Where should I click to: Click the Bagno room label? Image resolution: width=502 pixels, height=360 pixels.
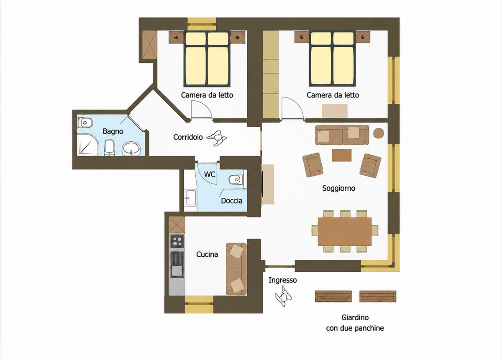pyautogui.click(x=113, y=131)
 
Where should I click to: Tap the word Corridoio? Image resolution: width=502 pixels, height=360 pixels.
pyautogui.click(x=188, y=137)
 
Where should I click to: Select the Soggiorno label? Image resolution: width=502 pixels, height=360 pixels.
pyautogui.click(x=338, y=189)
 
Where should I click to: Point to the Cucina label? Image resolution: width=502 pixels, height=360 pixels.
pyautogui.click(x=207, y=255)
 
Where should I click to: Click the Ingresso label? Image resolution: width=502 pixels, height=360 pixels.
pyautogui.click(x=283, y=280)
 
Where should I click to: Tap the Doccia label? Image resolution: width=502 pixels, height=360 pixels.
pyautogui.click(x=231, y=201)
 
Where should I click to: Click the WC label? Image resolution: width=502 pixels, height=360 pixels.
pyautogui.click(x=210, y=174)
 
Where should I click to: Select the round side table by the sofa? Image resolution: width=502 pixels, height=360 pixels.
pyautogui.click(x=379, y=133)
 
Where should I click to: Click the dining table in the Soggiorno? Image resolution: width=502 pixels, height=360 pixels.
pyautogui.click(x=345, y=231)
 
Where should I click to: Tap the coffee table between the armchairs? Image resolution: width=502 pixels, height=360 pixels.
pyautogui.click(x=341, y=155)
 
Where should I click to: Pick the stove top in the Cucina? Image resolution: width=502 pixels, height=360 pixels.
pyautogui.click(x=177, y=241)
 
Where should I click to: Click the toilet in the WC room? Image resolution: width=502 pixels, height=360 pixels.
pyautogui.click(x=236, y=180)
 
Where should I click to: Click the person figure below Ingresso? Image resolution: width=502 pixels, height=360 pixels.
pyautogui.click(x=284, y=296)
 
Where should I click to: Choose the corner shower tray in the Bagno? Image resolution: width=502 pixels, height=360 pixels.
pyautogui.click(x=88, y=145)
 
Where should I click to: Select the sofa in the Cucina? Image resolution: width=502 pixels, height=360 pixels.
pyautogui.click(x=236, y=269)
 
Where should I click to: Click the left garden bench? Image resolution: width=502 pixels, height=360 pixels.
pyautogui.click(x=333, y=296)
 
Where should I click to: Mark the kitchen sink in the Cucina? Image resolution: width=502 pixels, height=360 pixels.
pyautogui.click(x=177, y=271)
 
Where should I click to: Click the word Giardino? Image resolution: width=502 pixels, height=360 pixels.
pyautogui.click(x=355, y=317)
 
